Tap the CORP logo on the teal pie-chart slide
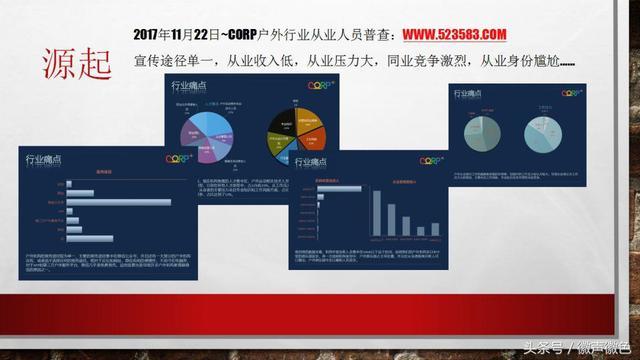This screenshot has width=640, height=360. (x=571, y=93)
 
